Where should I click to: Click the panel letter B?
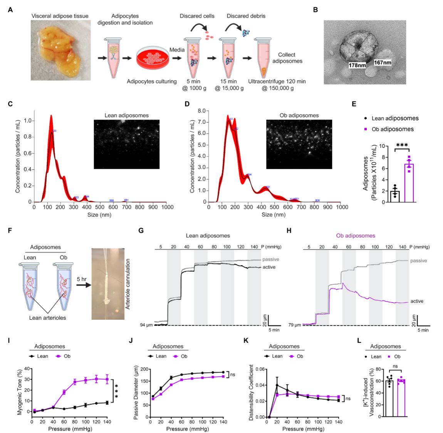[x=315, y=10]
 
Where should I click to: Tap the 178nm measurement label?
[x=357, y=65]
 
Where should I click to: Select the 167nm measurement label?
[x=383, y=62]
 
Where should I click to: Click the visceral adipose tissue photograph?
[x=61, y=50]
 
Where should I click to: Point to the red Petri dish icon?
[x=153, y=59]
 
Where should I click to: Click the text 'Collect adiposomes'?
[x=287, y=58]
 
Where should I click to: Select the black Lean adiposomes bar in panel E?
[x=395, y=196]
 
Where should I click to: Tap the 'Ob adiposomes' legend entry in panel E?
[x=393, y=129]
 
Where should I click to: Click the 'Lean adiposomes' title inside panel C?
[x=126, y=115]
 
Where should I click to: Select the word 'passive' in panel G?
[x=271, y=259]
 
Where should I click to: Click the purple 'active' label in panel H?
[x=417, y=301]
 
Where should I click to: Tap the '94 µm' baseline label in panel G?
[x=146, y=325]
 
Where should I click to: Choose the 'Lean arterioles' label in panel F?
[x=47, y=318]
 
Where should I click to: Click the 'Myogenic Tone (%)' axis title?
[x=20, y=392]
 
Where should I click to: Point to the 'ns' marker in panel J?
[x=232, y=374]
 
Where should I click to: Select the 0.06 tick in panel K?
[x=260, y=369]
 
